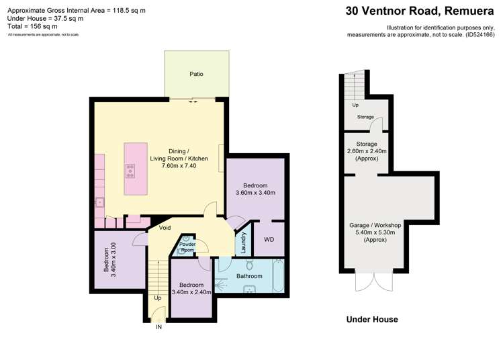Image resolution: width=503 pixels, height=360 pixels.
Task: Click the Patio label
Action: click(x=195, y=74)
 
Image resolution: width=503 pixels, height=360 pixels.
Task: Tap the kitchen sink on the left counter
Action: click(x=99, y=201)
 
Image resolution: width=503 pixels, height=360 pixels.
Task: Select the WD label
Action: click(x=269, y=240)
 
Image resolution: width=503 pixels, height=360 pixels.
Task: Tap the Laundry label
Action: click(x=244, y=242)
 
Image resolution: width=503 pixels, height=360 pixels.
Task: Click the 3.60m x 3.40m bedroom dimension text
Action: click(x=255, y=193)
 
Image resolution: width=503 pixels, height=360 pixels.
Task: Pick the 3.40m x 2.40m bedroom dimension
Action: click(x=192, y=292)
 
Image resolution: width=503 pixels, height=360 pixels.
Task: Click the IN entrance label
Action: click(x=159, y=328)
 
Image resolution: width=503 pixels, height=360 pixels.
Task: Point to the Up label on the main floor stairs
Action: click(x=158, y=298)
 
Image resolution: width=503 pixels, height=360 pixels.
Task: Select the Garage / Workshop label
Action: click(x=375, y=225)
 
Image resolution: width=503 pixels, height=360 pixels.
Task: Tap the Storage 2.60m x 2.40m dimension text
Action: click(x=367, y=152)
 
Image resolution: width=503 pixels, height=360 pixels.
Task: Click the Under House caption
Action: click(x=371, y=320)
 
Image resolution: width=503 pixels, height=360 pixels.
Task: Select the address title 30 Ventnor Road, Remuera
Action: click(x=420, y=11)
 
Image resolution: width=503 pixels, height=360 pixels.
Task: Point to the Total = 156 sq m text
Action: click(x=32, y=27)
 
